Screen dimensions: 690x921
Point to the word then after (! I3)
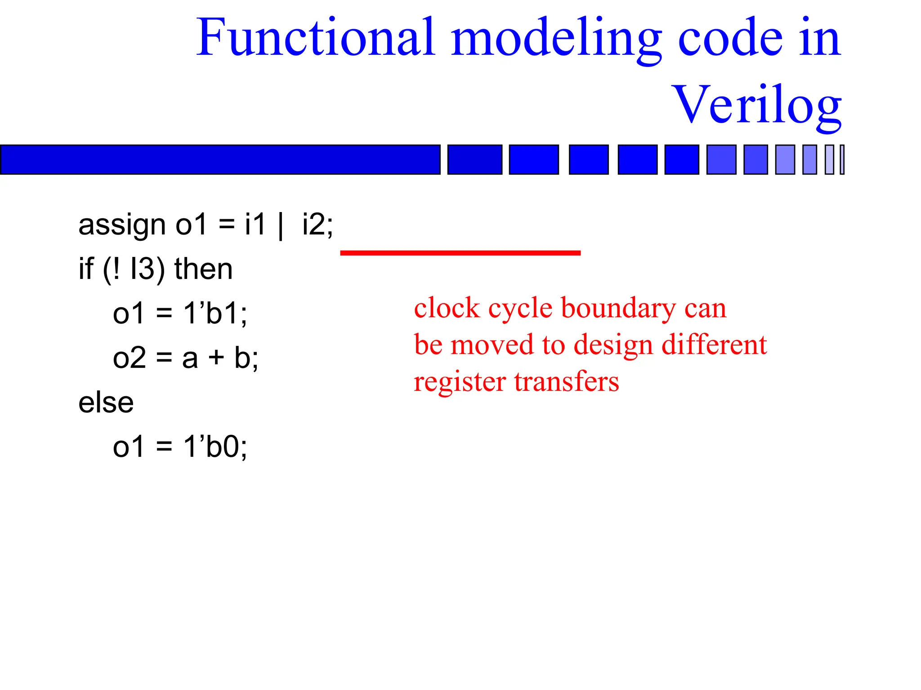(203, 269)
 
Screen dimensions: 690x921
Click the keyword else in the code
(106, 402)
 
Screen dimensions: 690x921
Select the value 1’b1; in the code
(215, 313)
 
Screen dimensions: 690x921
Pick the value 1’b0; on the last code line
(215, 447)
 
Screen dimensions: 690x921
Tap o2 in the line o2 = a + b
(130, 358)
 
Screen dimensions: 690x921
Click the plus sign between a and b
(216, 358)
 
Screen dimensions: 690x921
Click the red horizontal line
(460, 253)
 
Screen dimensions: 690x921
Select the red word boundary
(618, 310)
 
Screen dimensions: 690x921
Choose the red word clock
(447, 309)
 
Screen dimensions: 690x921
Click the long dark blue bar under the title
(220, 159)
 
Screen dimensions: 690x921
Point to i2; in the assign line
(317, 225)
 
